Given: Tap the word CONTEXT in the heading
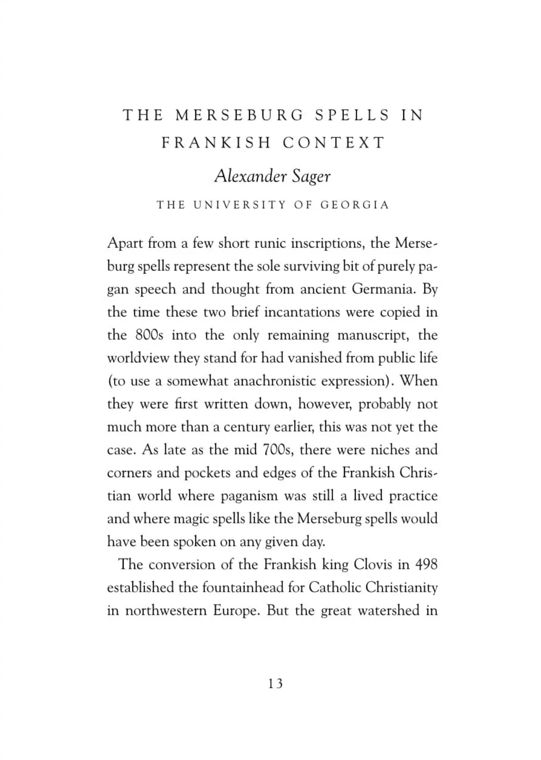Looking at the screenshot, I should pos(334,143).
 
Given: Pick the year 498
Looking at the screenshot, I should pos(426,565).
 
